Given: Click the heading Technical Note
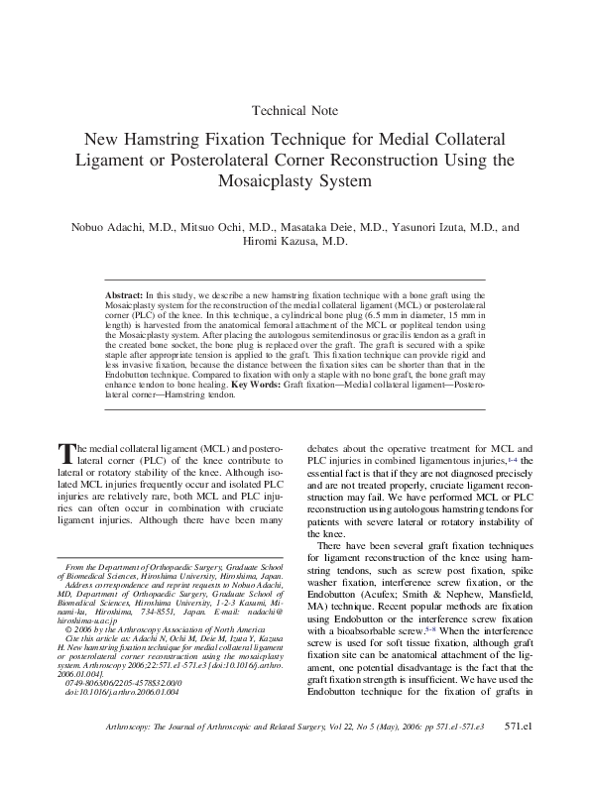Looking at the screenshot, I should pyautogui.click(x=294, y=111).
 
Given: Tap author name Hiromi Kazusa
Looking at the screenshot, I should pyautogui.click(x=294, y=241).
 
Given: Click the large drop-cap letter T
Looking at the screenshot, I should pyautogui.click(x=67, y=454).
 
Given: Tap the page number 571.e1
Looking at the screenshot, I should pyautogui.click(x=519, y=754).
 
